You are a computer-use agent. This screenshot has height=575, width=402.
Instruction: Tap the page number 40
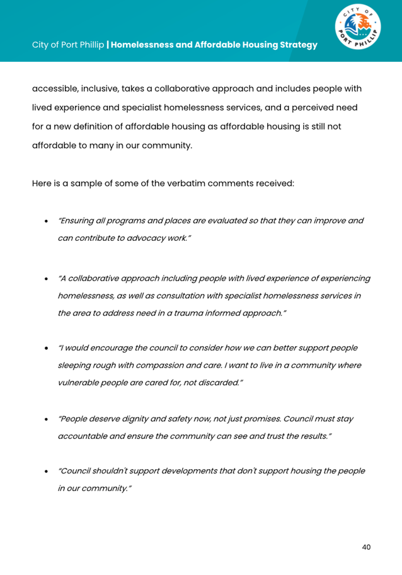pyautogui.click(x=366, y=547)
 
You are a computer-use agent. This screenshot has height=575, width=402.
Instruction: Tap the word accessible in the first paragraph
pyautogui.click(x=55, y=90)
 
